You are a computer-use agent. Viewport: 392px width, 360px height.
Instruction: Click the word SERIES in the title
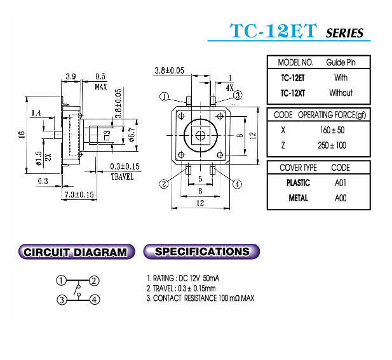click(x=345, y=33)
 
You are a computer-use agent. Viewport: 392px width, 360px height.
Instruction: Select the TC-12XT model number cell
click(x=293, y=93)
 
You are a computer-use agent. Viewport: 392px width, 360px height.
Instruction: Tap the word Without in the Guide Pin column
click(x=341, y=93)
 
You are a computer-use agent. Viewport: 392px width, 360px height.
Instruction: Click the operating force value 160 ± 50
click(x=332, y=130)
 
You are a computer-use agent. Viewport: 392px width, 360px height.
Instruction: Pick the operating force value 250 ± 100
click(x=332, y=145)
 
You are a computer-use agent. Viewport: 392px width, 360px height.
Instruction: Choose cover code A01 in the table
click(x=341, y=183)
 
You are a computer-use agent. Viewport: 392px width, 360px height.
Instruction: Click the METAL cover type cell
click(x=298, y=198)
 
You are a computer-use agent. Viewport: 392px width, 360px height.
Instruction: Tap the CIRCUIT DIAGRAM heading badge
click(x=76, y=251)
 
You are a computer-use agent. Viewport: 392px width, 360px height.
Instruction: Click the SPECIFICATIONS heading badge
click(x=201, y=251)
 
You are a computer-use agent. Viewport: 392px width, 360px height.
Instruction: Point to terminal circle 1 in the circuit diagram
click(x=61, y=280)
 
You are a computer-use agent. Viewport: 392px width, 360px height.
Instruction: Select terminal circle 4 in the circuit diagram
click(x=95, y=299)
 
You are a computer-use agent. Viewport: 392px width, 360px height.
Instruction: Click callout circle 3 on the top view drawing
click(x=238, y=95)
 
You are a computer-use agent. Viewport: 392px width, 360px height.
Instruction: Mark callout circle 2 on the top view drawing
click(x=164, y=184)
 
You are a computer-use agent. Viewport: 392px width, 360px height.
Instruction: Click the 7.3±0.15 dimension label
click(x=79, y=194)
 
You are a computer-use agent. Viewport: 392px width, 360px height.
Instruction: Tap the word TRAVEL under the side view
click(x=122, y=177)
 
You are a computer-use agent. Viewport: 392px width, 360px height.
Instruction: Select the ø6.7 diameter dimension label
click(x=132, y=135)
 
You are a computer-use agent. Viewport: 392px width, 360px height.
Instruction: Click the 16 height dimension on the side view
click(x=22, y=135)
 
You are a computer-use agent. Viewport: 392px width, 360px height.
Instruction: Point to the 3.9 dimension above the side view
click(x=71, y=76)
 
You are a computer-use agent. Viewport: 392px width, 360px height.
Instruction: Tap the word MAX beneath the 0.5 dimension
click(x=101, y=87)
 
